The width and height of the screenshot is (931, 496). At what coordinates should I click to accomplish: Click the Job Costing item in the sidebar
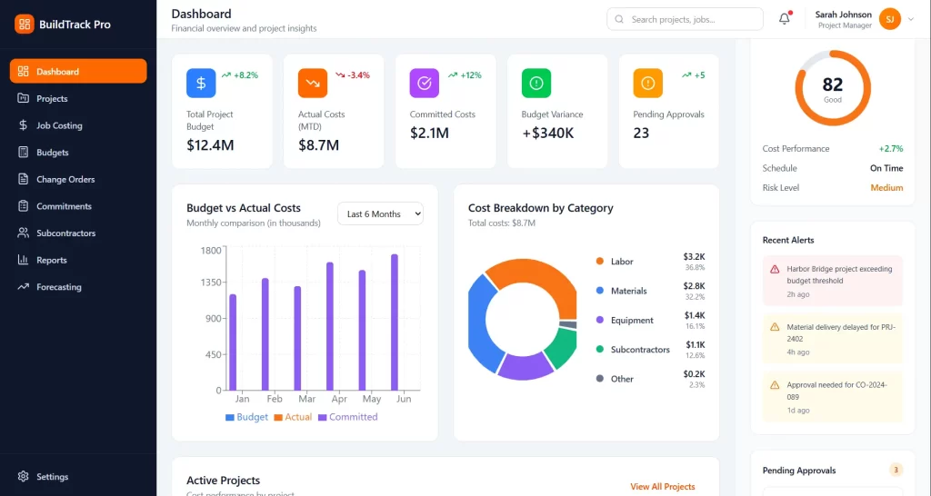(59, 125)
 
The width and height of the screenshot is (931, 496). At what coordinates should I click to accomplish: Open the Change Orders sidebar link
(65, 179)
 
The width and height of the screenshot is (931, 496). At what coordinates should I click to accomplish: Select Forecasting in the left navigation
(58, 287)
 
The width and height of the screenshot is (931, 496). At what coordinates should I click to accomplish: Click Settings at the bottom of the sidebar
(52, 477)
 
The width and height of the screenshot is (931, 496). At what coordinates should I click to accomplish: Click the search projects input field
(691, 19)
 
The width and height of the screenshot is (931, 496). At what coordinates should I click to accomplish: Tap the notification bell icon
(785, 19)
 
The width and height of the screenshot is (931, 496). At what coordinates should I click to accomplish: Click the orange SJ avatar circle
(889, 19)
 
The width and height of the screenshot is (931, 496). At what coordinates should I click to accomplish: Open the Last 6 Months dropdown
(380, 213)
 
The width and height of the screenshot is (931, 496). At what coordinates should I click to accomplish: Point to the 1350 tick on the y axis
(211, 283)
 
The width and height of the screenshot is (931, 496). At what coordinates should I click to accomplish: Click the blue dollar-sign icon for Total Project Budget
(201, 84)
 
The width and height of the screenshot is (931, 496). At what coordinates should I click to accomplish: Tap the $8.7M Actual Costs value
(318, 145)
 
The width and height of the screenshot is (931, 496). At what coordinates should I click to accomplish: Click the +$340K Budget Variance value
(547, 134)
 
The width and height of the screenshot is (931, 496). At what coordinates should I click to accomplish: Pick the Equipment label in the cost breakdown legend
(632, 321)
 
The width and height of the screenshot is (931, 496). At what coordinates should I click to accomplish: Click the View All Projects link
(662, 487)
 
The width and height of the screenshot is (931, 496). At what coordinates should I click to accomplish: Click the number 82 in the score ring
(833, 84)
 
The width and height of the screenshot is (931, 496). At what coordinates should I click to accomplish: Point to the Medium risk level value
(886, 188)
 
